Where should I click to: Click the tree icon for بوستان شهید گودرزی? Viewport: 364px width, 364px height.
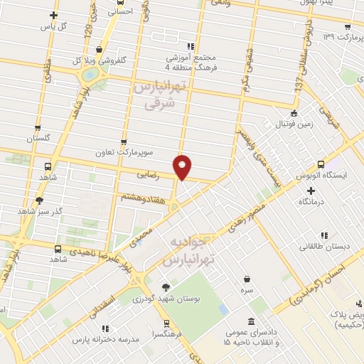coord(166,287)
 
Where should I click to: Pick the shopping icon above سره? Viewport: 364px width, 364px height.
coord(247,279)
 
